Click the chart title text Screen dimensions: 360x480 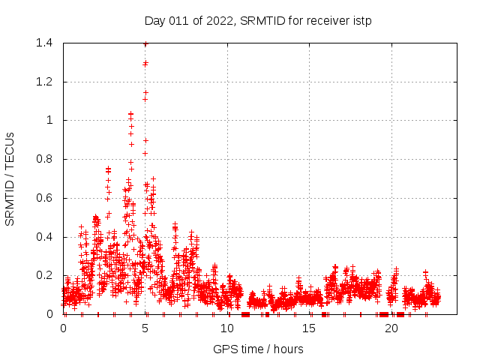[x=258, y=20]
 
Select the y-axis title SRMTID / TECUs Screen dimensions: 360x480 [x=10, y=178]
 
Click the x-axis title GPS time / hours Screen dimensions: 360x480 [x=258, y=349]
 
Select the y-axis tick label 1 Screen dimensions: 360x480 [x=49, y=120]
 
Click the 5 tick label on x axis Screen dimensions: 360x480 [x=145, y=328]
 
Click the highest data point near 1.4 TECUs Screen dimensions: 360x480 [x=145, y=43]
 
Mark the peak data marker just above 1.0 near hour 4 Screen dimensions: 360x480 [x=130, y=114]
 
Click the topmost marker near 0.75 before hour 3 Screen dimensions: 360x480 [x=108, y=169]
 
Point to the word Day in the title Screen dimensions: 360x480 [x=154, y=20]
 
